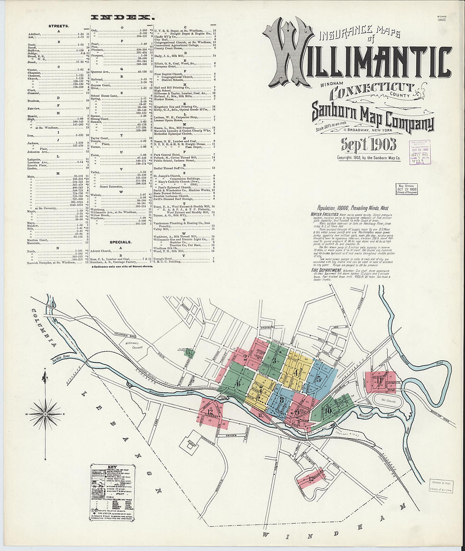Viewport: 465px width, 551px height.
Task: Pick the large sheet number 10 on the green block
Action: click(328, 410)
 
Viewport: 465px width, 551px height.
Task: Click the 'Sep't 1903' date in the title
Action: click(369, 144)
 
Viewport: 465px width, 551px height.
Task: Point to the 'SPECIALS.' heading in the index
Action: click(120, 242)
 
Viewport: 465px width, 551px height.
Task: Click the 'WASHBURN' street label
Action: click(268, 327)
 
